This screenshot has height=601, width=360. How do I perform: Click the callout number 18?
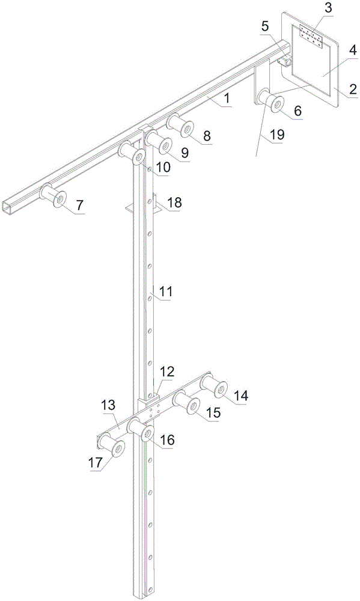coord(174,202)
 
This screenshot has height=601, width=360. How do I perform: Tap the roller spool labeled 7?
coord(53,195)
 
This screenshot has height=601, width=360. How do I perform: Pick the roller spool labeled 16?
coord(141,430)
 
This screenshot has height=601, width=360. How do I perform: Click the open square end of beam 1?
coord(8,207)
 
